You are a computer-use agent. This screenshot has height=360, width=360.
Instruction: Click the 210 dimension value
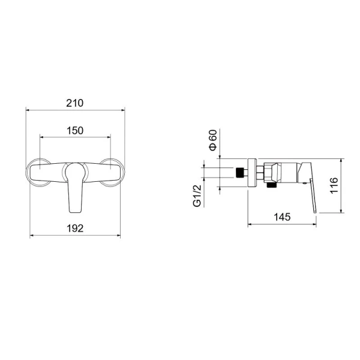pos(75,103)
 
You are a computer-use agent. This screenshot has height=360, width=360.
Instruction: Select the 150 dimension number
pos(75,131)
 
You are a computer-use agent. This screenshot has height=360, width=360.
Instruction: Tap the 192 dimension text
pos(75,229)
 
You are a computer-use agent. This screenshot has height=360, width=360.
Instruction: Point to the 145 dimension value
pos(282,217)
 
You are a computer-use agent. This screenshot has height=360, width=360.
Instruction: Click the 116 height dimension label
pos(334,185)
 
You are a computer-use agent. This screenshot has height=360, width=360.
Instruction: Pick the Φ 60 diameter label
pos(213,140)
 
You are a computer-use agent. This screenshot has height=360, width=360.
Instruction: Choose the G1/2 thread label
pos(197,196)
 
